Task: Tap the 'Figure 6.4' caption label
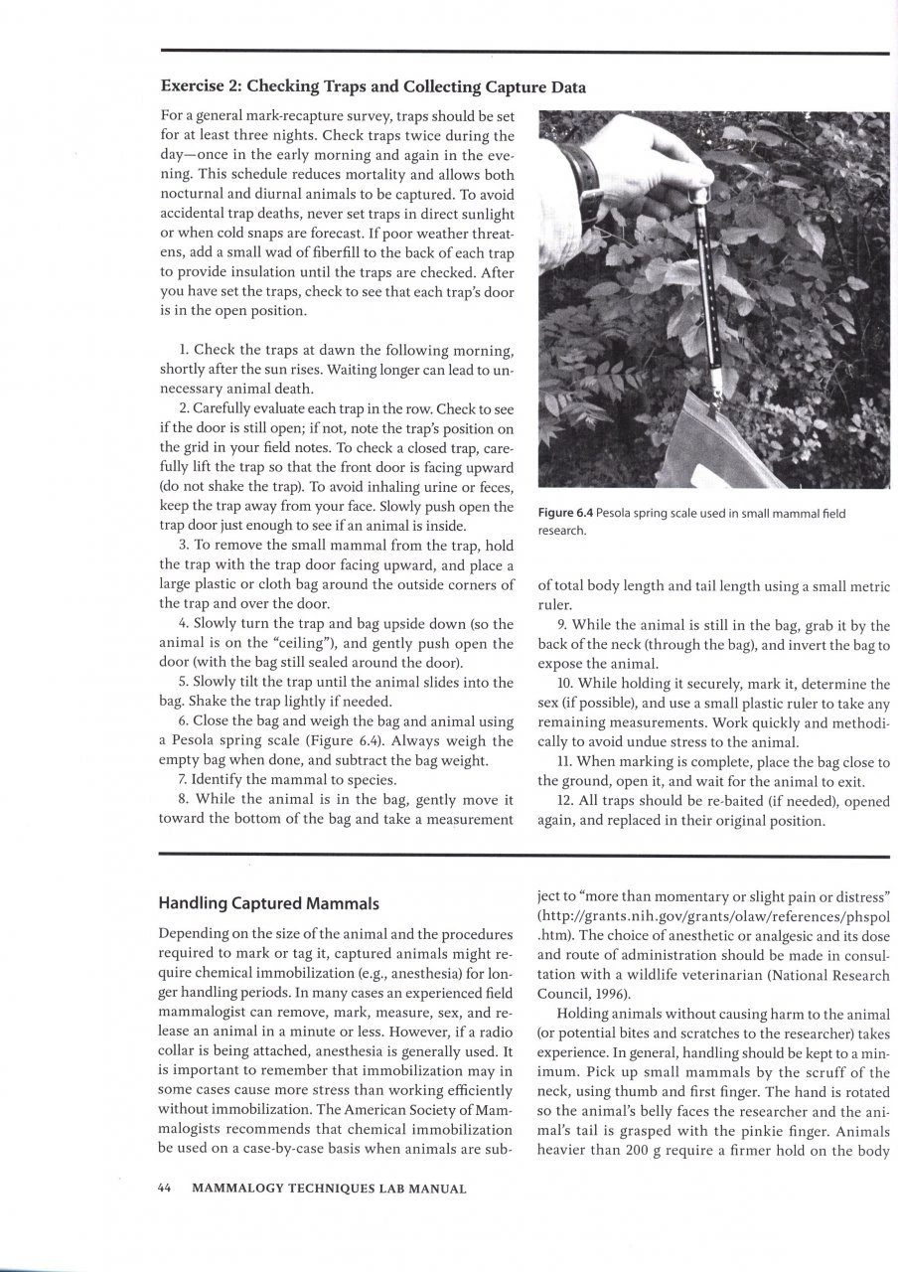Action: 567,513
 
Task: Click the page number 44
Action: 166,1188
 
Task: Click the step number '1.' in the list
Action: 185,350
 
